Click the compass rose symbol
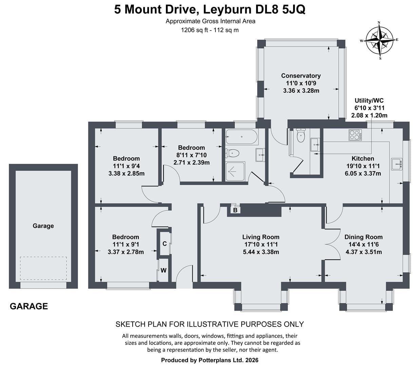[x=379, y=40]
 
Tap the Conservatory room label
[x=301, y=76]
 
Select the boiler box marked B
[x=235, y=210]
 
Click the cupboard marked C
[x=165, y=244]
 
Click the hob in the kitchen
[x=355, y=135]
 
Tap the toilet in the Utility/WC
[x=301, y=136]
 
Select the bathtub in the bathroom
[x=241, y=137]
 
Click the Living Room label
[x=261, y=237]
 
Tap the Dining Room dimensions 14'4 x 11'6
[x=363, y=244]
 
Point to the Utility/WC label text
[x=369, y=101]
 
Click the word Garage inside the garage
[x=43, y=226]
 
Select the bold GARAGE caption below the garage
[x=29, y=306]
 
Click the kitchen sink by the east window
[x=396, y=164]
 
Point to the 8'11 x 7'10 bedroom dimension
[x=191, y=155]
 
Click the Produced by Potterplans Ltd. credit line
[x=210, y=360]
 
